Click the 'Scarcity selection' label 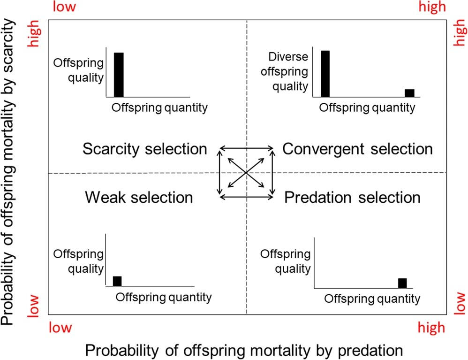[x=144, y=149]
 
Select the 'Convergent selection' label [x=357, y=149]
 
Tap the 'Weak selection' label [x=139, y=197]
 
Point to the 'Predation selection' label [x=353, y=197]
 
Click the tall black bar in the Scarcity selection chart [x=119, y=74]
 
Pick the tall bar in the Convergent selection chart [x=325, y=74]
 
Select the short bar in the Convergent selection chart [x=409, y=93]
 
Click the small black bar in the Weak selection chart [x=117, y=281]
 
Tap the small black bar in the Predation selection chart [x=402, y=283]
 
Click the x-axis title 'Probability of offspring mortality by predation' [x=244, y=351]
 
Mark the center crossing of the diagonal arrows [x=247, y=173]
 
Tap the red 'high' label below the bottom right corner [x=430, y=328]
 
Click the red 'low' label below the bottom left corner [x=62, y=328]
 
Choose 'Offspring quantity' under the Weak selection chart [x=164, y=297]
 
